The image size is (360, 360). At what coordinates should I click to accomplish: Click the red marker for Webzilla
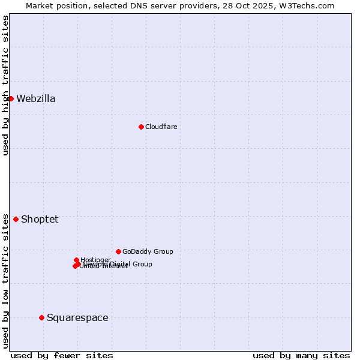(11, 98)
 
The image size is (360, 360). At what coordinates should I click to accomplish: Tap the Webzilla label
(36, 99)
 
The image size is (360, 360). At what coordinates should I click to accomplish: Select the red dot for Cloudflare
(141, 127)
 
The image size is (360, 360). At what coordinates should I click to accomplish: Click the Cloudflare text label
(161, 127)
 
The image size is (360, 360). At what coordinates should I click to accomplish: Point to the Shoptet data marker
(16, 219)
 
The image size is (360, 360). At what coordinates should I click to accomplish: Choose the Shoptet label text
(40, 220)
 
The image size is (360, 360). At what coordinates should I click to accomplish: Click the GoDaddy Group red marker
(118, 251)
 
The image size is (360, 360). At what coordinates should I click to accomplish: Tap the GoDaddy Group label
(148, 251)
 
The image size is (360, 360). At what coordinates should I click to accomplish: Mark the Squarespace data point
(41, 317)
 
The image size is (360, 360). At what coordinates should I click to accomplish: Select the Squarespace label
(77, 318)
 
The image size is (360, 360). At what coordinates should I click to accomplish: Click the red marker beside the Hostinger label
(76, 260)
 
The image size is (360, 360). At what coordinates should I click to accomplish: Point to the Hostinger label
(96, 259)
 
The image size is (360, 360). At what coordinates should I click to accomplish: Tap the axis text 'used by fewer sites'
(62, 355)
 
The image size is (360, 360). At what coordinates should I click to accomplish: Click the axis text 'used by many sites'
(301, 355)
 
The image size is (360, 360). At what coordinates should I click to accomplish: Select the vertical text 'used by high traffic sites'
(5, 85)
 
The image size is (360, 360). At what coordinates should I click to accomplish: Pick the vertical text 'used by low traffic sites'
(5, 280)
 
